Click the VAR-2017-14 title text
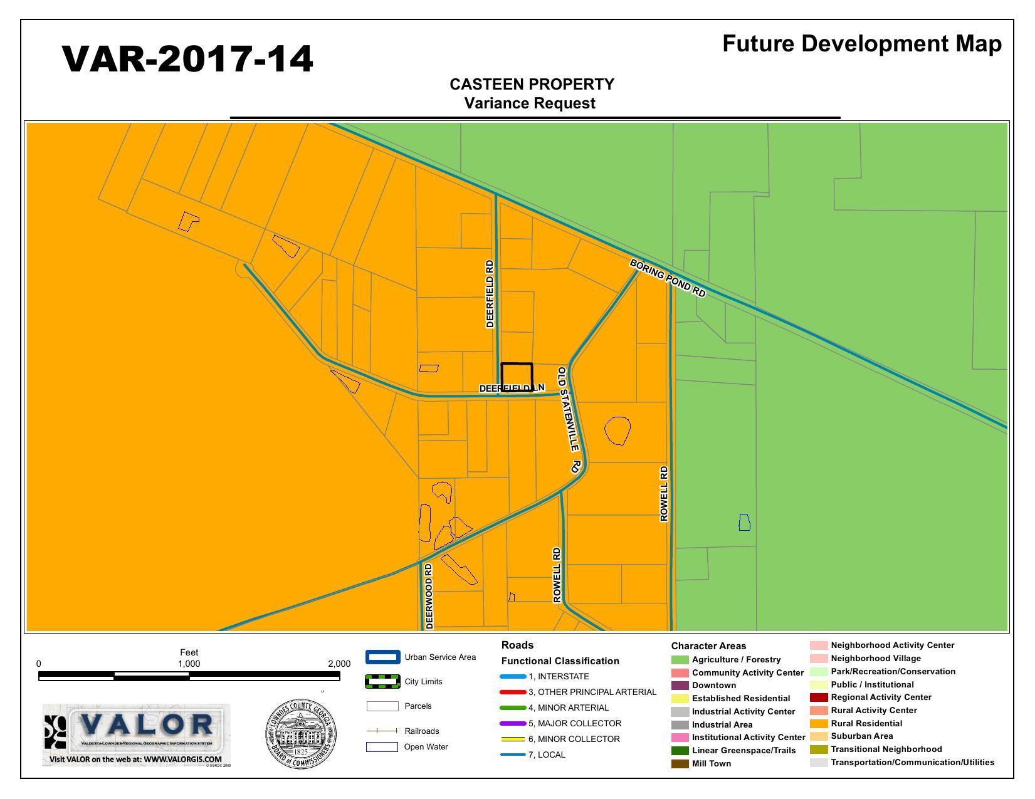click(187, 60)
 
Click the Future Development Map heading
click(861, 44)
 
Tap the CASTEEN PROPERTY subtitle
click(532, 85)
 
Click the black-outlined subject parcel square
click(517, 377)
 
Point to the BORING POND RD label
click(668, 278)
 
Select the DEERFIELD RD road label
click(490, 294)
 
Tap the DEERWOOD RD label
click(429, 596)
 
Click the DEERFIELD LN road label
click(511, 389)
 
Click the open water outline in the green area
click(744, 522)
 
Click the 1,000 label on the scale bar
click(189, 664)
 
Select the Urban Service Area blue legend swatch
click(382, 657)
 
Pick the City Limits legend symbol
click(382, 682)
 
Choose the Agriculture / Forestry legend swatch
click(680, 660)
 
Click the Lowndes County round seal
click(300, 734)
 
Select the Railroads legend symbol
click(382, 731)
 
